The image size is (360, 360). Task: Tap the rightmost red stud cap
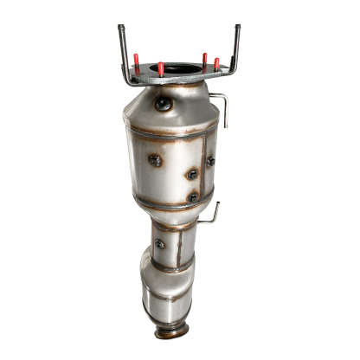(216, 63)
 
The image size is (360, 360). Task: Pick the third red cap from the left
(205, 61)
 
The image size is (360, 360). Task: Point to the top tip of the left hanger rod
(121, 28)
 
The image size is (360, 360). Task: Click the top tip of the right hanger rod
(236, 27)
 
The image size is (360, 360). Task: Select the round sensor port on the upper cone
(163, 104)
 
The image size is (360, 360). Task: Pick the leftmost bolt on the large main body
(154, 160)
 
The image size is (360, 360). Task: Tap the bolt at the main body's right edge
(210, 161)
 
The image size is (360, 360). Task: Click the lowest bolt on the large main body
(192, 198)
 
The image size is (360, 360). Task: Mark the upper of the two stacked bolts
(191, 174)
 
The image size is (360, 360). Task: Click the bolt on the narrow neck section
(160, 244)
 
